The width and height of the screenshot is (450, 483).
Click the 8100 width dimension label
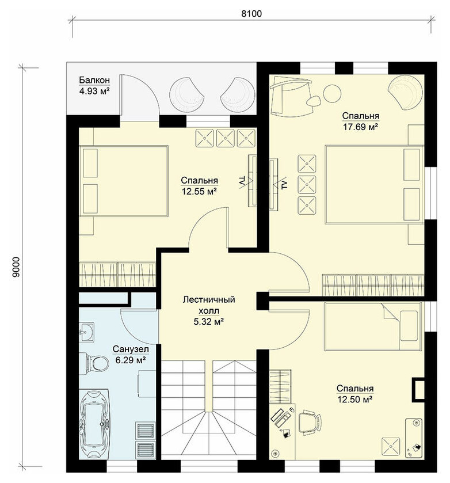point(251,14)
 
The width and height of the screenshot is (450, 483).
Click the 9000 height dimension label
point(17,267)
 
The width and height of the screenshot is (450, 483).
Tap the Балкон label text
point(94,80)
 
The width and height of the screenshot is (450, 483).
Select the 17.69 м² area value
point(360,127)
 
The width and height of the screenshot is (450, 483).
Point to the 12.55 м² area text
point(199,192)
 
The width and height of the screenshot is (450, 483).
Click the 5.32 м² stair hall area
point(208,322)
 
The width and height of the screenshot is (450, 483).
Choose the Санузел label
point(131,349)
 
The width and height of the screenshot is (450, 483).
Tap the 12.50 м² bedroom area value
point(355,400)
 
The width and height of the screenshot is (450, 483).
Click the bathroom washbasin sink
point(86,332)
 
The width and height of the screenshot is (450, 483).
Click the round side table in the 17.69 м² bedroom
point(332,93)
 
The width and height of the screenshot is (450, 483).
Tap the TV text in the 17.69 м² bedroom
point(284,185)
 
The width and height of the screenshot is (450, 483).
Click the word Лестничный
point(208,299)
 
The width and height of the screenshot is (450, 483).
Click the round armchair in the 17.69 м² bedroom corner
point(405,92)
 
